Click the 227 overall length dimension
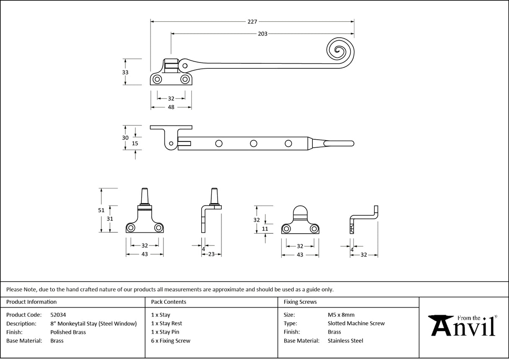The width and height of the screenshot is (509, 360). [252, 21]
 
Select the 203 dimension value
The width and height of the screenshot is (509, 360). [262, 34]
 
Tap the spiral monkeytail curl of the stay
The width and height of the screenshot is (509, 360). [340, 50]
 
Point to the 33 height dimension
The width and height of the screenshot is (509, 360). [125, 72]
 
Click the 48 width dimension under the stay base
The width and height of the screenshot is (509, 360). [171, 107]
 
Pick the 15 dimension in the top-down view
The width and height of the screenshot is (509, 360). [135, 143]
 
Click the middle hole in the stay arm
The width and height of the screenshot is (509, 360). [253, 143]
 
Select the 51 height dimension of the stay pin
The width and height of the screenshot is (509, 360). [101, 210]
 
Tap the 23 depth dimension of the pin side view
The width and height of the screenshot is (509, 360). [211, 254]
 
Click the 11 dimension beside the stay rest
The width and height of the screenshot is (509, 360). [265, 229]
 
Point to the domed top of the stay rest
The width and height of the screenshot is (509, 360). [300, 211]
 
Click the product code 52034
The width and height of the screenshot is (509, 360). [58, 315]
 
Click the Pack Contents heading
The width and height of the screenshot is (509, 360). [169, 302]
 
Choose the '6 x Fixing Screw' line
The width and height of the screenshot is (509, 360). [171, 341]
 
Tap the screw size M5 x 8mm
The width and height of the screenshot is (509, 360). [341, 315]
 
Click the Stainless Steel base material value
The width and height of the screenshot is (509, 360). [345, 341]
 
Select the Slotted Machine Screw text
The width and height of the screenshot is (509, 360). [356, 323]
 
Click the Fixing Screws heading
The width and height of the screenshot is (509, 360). [300, 302]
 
